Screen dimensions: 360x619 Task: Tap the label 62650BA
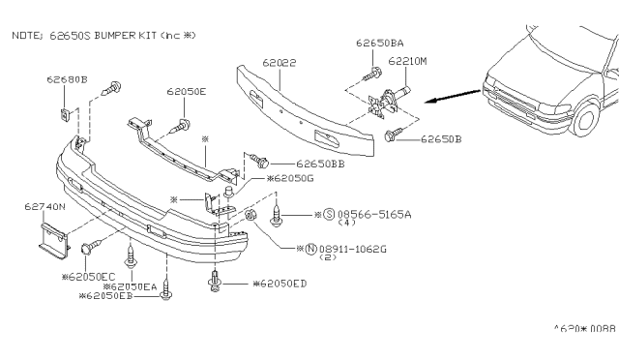(378, 44)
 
